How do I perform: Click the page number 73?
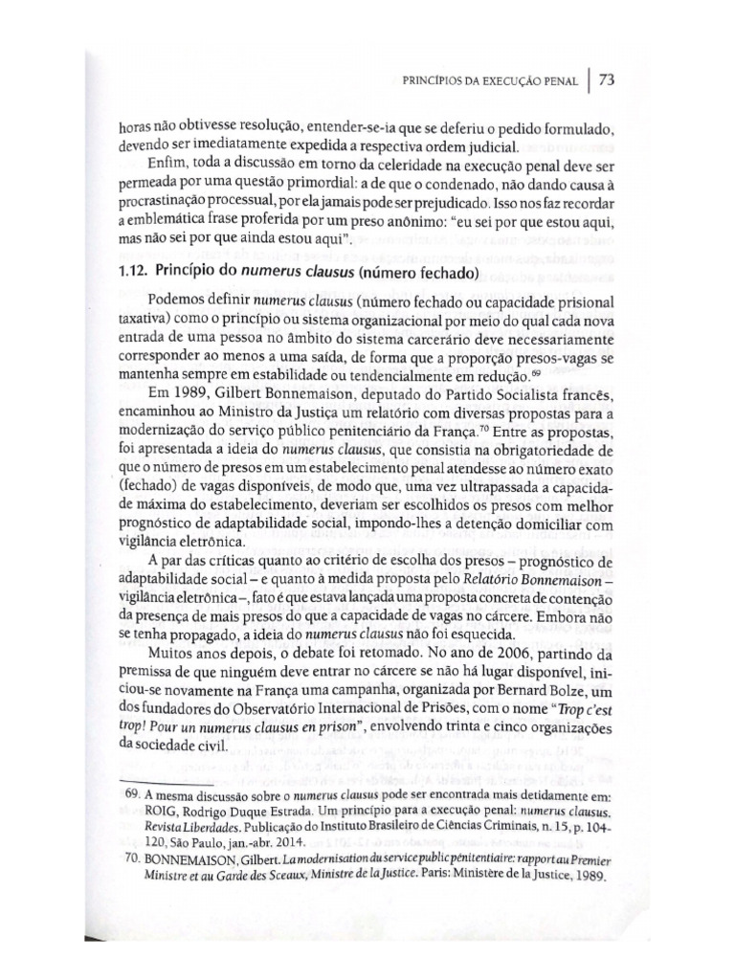coord(607,80)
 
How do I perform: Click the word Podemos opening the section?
coord(177,299)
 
